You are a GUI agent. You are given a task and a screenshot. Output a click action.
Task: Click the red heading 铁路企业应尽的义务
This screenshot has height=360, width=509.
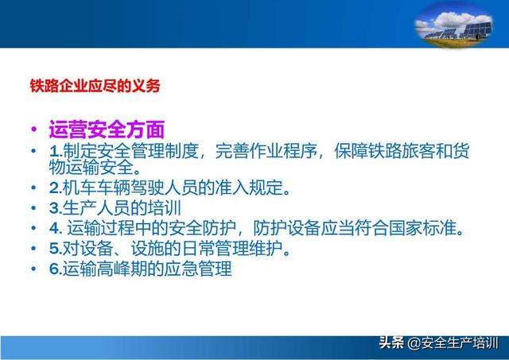[95, 86]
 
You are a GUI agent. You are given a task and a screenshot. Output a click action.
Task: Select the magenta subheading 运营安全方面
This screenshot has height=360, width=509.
[107, 130]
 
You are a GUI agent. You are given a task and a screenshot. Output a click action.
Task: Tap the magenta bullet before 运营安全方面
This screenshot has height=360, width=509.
[33, 129]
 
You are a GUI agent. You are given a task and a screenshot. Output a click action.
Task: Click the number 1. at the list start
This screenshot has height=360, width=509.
[56, 151]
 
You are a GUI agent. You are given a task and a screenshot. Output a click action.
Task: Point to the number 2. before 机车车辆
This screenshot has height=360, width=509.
[56, 188]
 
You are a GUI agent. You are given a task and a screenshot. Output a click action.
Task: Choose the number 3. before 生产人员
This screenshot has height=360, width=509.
[56, 208]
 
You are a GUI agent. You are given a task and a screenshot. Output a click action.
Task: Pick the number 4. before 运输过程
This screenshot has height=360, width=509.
[56, 228]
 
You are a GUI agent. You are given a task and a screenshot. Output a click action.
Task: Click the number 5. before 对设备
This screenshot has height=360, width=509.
[56, 249]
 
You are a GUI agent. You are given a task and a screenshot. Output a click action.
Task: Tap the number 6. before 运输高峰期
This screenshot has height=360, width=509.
[56, 269]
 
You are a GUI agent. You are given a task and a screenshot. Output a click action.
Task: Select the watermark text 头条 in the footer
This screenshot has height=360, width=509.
[392, 343]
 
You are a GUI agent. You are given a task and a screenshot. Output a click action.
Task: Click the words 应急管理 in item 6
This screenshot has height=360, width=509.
[198, 269]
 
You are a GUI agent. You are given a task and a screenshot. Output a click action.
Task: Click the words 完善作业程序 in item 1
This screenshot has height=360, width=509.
[266, 151]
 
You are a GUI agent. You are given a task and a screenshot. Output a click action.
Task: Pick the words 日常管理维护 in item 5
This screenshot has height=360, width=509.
[232, 249]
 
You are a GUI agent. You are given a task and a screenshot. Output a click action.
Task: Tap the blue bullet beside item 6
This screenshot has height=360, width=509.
[33, 269]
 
